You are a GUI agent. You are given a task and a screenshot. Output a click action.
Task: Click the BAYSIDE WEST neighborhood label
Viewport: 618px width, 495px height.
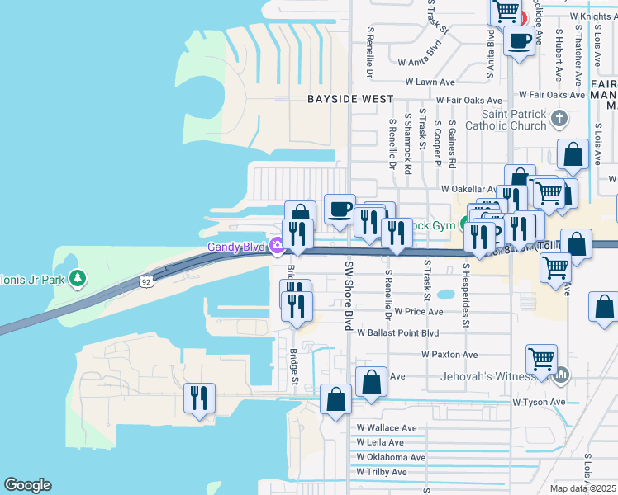coord(350,99)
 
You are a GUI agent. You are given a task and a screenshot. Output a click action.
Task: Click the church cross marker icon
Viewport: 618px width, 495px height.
coord(559,117)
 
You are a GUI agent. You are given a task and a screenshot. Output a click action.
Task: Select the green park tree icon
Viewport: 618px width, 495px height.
coord(78,278)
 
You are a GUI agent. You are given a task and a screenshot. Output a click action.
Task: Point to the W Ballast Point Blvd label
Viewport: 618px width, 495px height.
coord(397,332)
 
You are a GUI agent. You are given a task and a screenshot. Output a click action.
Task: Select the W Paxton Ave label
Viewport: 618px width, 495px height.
coord(449,355)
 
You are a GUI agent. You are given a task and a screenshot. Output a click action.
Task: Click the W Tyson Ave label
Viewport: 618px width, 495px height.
coord(538,403)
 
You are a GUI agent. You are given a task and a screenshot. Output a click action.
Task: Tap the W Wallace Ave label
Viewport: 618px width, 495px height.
coord(387,428)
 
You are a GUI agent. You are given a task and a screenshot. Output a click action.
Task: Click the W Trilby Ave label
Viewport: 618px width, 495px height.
coord(382,472)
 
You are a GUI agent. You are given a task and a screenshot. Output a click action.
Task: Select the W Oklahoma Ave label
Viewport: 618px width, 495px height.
coord(391,457)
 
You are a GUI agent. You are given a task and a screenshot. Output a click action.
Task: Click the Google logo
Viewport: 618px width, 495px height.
coord(27,485)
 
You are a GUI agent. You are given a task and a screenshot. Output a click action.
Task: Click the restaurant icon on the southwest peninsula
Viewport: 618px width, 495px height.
coord(199,399)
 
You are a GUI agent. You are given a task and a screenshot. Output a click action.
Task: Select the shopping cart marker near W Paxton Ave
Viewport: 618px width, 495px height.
coord(541,360)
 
